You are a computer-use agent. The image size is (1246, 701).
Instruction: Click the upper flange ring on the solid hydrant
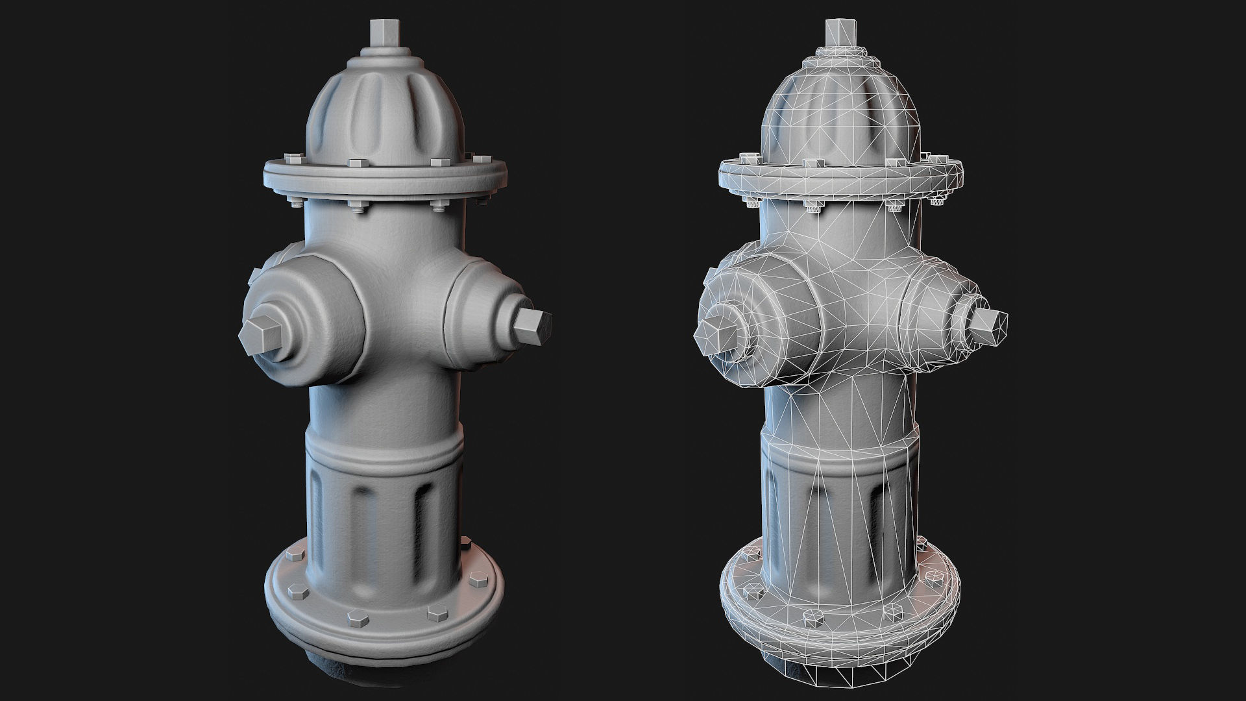point(383,184)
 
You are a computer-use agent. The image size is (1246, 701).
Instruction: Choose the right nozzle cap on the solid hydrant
point(483,312)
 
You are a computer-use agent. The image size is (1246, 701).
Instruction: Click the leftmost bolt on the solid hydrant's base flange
point(293,556)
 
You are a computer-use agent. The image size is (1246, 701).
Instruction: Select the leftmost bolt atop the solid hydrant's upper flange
point(289,158)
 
